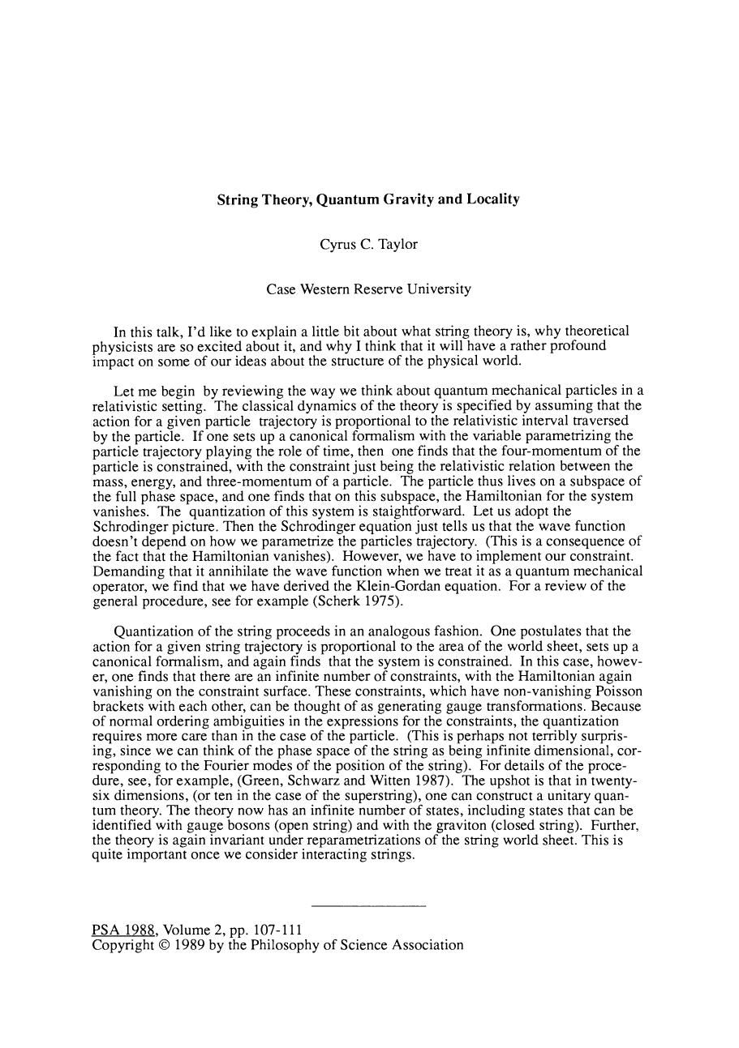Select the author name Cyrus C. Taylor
point(368,244)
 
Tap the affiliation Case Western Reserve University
point(368,289)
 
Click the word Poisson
point(618,691)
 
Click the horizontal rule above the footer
point(368,905)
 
